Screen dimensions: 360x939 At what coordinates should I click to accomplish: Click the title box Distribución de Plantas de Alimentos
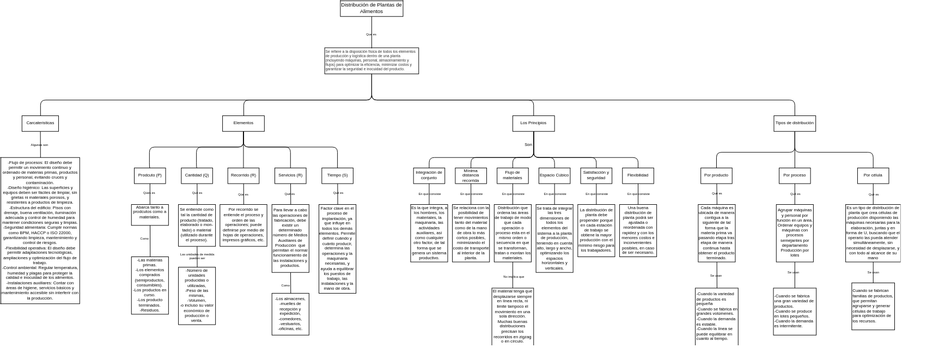(371, 8)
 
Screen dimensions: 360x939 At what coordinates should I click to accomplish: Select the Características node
(40, 123)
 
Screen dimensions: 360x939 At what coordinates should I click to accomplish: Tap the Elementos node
(243, 123)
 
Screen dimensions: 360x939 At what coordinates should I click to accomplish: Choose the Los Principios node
(534, 123)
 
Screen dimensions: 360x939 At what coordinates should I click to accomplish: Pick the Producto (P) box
(150, 175)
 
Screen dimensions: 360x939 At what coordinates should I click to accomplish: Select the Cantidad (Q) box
(196, 175)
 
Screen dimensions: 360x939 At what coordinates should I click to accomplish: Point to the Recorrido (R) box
(243, 175)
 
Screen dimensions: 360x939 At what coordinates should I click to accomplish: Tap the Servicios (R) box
(290, 175)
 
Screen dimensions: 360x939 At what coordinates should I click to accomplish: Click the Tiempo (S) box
(337, 175)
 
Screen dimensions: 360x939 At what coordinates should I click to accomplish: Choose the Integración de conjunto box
(428, 175)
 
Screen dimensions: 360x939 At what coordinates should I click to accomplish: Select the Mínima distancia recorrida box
(471, 175)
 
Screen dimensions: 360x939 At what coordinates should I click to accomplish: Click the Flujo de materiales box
(513, 175)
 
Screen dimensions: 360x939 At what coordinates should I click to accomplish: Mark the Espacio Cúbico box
(554, 175)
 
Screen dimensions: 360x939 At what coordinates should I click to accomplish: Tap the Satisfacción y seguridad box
(596, 175)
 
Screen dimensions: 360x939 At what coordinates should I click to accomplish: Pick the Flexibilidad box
(637, 175)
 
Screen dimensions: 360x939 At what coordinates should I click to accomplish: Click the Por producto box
(716, 175)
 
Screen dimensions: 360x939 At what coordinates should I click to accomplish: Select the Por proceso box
(794, 175)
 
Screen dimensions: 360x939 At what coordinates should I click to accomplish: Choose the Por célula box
(872, 175)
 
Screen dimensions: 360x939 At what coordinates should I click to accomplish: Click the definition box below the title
(371, 60)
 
